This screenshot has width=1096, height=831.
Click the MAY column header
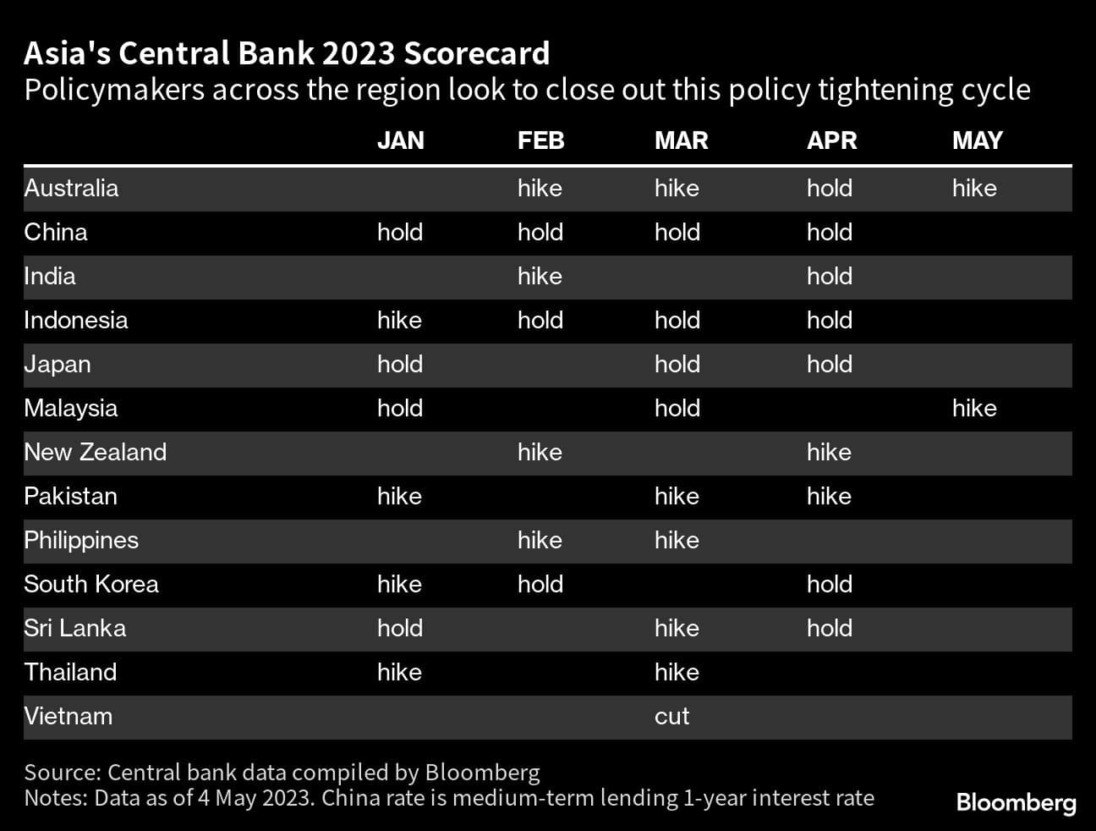tap(977, 140)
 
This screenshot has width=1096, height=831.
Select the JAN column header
tap(400, 140)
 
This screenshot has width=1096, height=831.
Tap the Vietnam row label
tap(68, 716)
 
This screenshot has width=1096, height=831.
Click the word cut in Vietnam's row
tap(671, 716)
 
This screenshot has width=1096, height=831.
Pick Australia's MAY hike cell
tap(974, 188)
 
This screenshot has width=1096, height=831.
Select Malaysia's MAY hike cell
tap(974, 408)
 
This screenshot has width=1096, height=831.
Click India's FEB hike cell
tap(540, 276)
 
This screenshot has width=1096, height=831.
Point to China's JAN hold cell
tap(399, 232)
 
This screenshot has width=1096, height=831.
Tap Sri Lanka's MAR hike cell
tap(677, 628)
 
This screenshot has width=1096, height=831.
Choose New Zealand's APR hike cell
tap(829, 452)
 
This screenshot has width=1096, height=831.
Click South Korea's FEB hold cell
tap(540, 584)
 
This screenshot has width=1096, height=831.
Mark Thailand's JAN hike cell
tap(399, 672)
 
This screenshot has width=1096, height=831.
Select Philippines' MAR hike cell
tap(677, 540)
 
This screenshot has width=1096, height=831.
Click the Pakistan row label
tap(70, 496)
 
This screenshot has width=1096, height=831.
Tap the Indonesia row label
tap(76, 320)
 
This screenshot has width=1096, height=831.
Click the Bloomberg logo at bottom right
tap(1016, 802)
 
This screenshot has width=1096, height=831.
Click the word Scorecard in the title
tap(477, 53)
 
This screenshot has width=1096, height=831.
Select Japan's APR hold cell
tap(829, 364)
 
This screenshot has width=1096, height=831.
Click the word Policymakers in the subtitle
tap(114, 89)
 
